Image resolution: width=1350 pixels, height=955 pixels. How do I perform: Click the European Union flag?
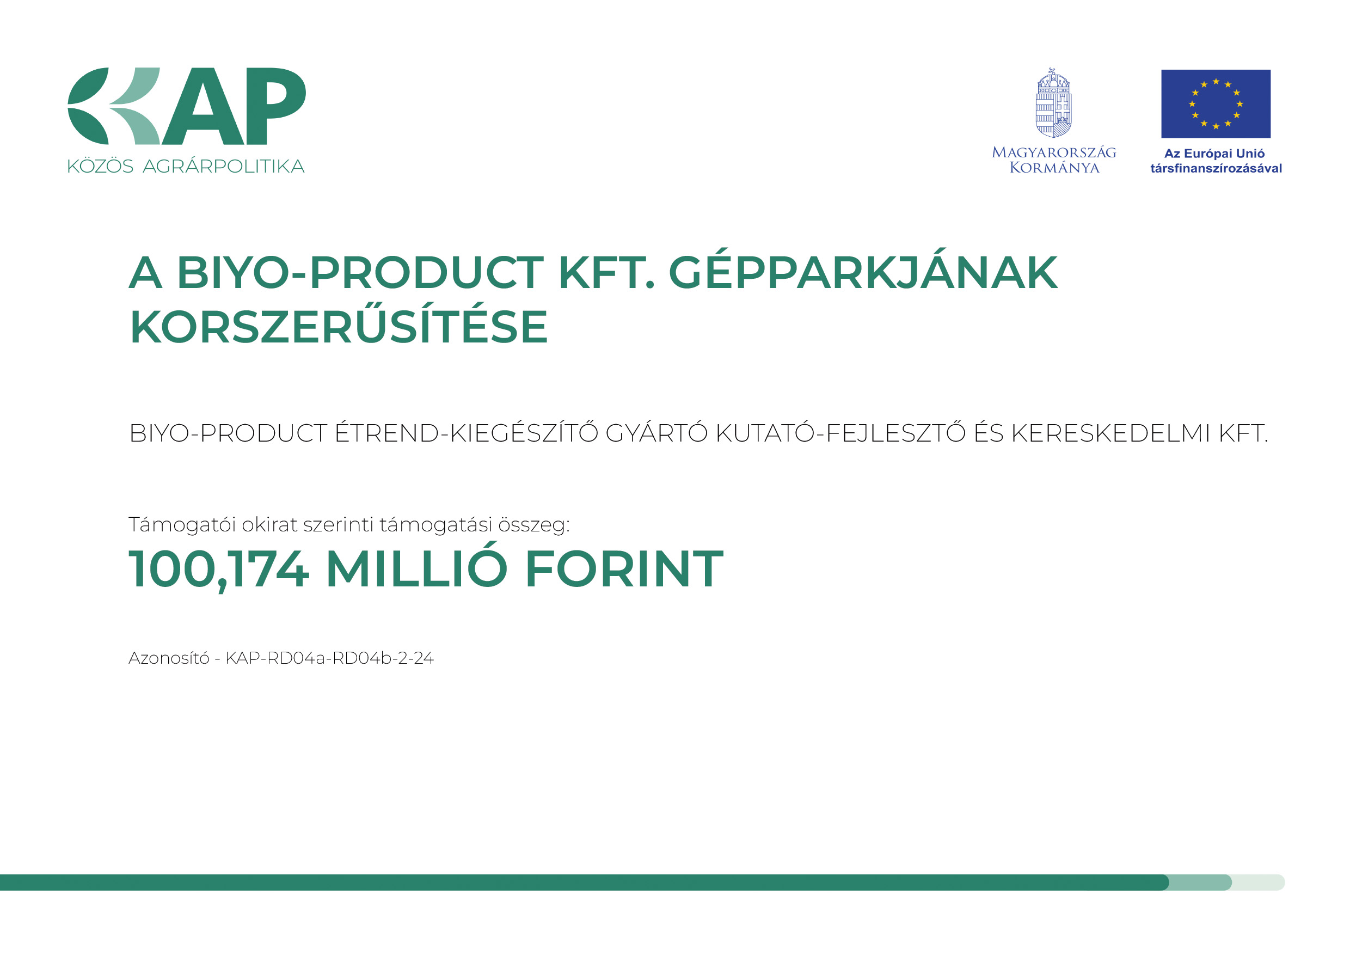[x=1216, y=104]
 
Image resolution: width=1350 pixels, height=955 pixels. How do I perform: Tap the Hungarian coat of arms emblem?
[x=1053, y=103]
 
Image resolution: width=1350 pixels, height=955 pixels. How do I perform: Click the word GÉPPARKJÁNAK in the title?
[x=863, y=273]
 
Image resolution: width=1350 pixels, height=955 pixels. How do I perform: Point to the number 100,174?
[x=219, y=569]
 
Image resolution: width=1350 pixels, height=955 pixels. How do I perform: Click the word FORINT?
[x=624, y=568]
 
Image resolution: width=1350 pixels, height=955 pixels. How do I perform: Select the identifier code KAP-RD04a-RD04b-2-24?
[x=329, y=658]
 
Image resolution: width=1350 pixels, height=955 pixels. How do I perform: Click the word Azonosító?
[x=169, y=658]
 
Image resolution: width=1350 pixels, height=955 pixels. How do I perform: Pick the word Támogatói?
[x=182, y=524]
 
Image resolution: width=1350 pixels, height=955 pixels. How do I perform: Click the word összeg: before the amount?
[x=534, y=524]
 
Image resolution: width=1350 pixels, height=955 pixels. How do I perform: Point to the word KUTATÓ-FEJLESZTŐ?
[x=841, y=433]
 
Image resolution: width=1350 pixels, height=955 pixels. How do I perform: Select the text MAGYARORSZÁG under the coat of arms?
[x=1054, y=152]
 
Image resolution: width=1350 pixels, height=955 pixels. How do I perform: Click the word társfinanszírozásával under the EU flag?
[x=1216, y=168]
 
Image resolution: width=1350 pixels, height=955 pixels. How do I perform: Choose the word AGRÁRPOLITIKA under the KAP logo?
[x=223, y=166]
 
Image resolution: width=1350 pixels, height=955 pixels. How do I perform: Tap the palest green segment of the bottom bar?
[x=1258, y=882]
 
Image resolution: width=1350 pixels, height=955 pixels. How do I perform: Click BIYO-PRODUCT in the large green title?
[x=360, y=273]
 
